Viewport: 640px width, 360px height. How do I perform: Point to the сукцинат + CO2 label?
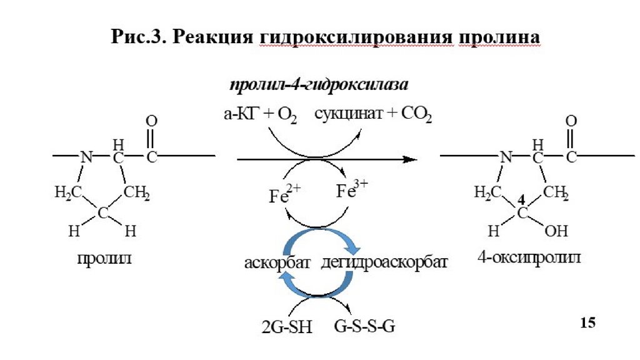[x=373, y=114]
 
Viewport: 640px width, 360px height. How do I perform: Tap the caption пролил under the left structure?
[x=104, y=258]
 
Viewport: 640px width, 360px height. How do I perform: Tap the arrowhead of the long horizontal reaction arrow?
[x=410, y=159]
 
